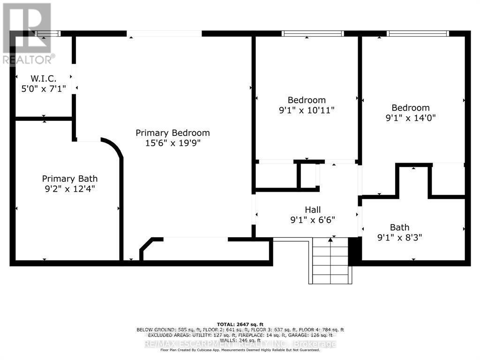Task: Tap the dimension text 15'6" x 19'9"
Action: (x=172, y=143)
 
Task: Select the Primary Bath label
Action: (x=69, y=179)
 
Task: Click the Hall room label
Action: (x=313, y=210)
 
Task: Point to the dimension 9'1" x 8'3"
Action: (x=399, y=237)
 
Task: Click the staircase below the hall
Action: (x=330, y=262)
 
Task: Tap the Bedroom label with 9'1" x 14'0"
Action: (x=410, y=108)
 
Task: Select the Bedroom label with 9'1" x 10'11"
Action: (x=307, y=100)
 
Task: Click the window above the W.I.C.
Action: (x=49, y=33)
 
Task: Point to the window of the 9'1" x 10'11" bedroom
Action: (x=312, y=33)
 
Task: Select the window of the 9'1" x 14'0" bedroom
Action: (x=418, y=33)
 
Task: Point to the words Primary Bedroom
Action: (x=172, y=133)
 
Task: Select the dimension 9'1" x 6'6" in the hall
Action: (x=313, y=219)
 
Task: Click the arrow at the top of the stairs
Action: (x=330, y=240)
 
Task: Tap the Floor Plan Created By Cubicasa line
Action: (x=240, y=350)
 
